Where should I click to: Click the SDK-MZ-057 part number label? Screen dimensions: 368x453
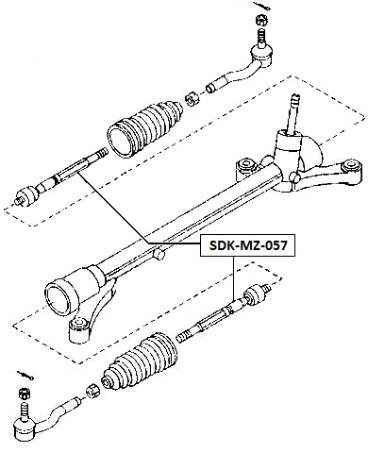248,245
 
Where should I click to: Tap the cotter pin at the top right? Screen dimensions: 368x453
262,6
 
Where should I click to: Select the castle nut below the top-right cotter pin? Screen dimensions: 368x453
262,20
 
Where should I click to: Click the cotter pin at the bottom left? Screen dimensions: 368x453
26,375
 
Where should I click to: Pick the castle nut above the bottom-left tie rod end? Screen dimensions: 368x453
25,393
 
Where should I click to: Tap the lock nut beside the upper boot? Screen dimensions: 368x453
192,99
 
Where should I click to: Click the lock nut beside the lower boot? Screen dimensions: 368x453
92,391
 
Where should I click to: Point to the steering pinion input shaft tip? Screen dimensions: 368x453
295,98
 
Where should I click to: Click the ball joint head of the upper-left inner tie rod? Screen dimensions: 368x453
27,195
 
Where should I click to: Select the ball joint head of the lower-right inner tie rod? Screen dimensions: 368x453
255,294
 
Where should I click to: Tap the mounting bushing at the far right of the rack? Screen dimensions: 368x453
352,166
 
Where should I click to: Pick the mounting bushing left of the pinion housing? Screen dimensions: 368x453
246,165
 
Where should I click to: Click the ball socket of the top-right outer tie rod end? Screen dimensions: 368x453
261,55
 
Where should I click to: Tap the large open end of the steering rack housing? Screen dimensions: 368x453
58,299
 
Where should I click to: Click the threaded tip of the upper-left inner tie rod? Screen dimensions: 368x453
102,153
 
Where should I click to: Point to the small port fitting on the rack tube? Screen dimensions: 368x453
159,253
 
